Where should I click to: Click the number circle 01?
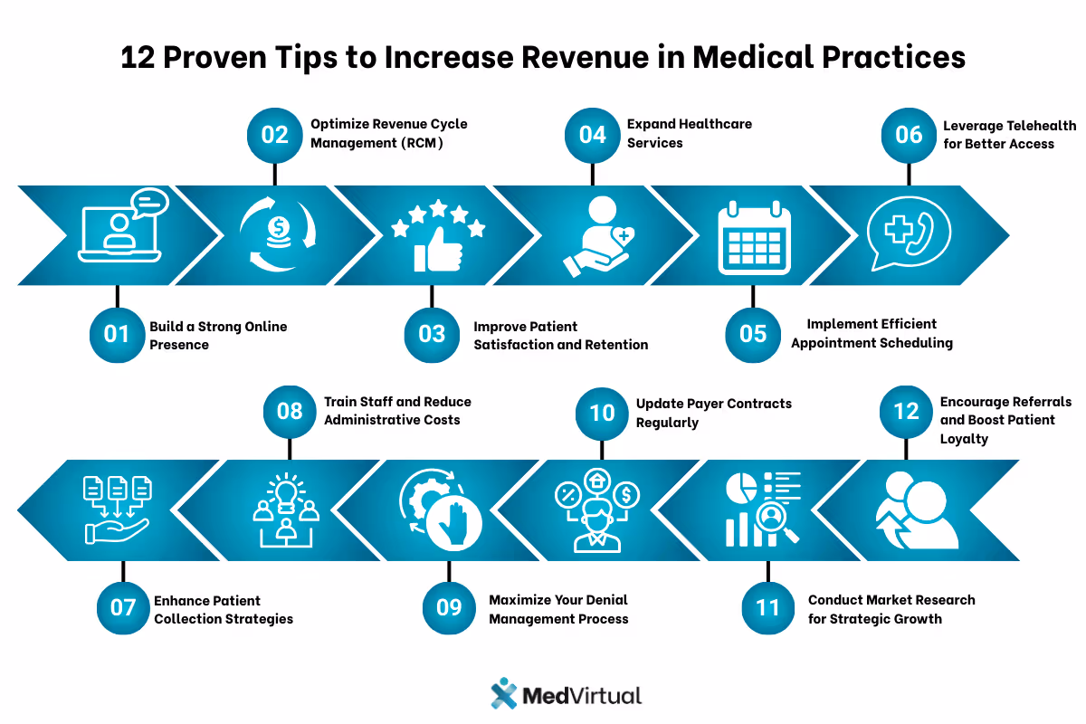coord(117,334)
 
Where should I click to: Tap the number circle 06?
coord(909,135)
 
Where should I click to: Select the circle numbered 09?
coord(450,606)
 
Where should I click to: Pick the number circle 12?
coord(907,412)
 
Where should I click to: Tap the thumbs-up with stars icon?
coord(437,237)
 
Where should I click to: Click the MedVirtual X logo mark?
coord(503,694)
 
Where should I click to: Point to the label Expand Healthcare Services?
coord(690,133)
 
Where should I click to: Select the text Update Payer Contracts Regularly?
coord(713,413)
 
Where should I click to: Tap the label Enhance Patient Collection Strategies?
coord(223,610)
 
